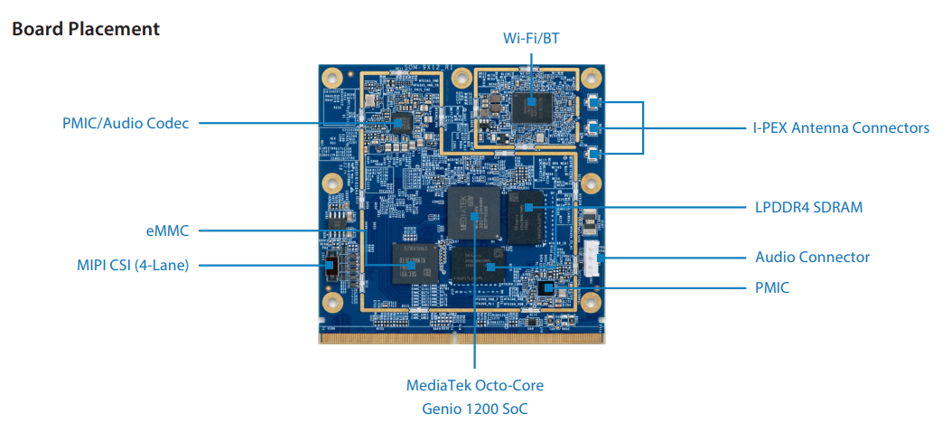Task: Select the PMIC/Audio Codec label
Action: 126,124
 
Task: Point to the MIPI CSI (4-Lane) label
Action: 133,265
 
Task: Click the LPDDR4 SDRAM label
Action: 808,207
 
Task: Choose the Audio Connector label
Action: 812,257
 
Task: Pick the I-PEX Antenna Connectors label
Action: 841,127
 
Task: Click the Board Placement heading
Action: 86,29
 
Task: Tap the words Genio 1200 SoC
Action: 474,408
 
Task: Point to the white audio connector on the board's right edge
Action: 592,258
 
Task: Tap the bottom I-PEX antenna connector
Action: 594,155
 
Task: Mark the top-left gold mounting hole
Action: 332,78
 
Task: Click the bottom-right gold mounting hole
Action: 592,301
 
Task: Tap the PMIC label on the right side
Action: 772,287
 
